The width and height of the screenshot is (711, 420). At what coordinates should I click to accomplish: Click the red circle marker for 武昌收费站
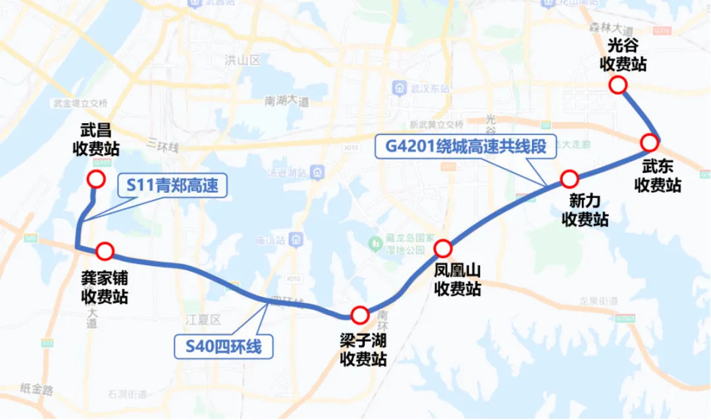click(x=96, y=179)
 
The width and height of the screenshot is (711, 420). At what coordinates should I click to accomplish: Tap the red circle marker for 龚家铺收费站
click(x=105, y=251)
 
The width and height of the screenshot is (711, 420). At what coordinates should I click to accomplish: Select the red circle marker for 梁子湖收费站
click(x=359, y=315)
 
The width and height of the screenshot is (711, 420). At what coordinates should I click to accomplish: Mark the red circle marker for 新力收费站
click(x=569, y=178)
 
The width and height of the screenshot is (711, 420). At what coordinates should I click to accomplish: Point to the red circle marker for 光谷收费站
click(x=618, y=85)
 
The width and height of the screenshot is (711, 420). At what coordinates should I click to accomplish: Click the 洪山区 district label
click(x=242, y=61)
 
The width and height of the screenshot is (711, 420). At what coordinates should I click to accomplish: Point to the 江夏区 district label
click(x=201, y=321)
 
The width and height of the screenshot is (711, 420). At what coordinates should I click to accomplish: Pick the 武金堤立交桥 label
click(x=81, y=103)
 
